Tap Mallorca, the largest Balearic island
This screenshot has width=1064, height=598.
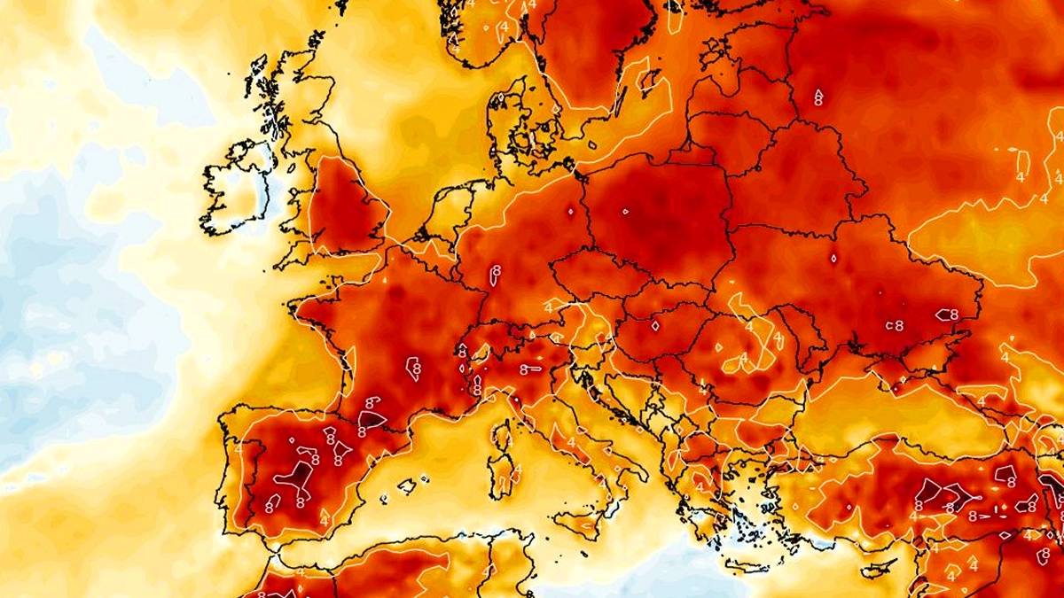click(407, 486)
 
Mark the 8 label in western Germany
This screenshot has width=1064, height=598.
click(494, 269)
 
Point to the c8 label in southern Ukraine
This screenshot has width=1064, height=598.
click(896, 325)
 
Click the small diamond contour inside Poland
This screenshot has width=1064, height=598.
click(625, 212)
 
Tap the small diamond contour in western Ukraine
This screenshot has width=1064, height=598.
click(833, 259)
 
